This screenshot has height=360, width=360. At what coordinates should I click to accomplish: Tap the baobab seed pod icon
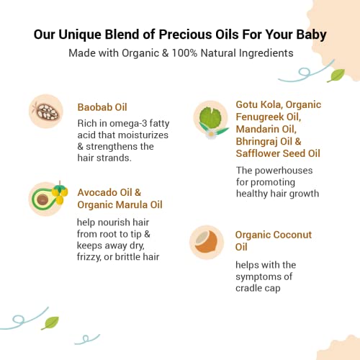pyautogui.click(x=45, y=110)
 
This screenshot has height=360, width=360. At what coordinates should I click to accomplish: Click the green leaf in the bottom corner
pyautogui.click(x=50, y=323)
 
